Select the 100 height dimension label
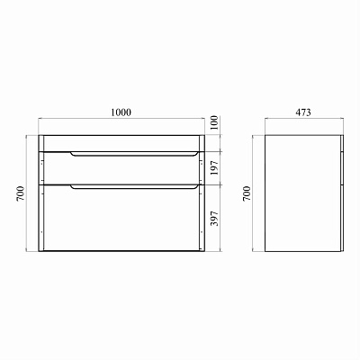pos(215,121)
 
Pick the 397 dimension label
pos(215,218)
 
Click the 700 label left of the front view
pos(20,193)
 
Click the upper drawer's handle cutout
pos(134,155)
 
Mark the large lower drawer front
pos(121,220)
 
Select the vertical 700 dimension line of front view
pos(30,193)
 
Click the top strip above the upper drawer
pos(121,143)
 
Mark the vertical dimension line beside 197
pos(206,167)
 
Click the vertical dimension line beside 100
pos(206,142)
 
